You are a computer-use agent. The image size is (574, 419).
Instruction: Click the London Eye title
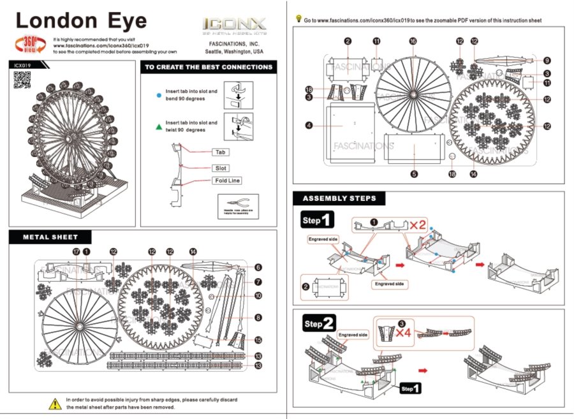81,20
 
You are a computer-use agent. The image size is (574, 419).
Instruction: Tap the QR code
22,80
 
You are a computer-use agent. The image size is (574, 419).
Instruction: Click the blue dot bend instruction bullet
158,94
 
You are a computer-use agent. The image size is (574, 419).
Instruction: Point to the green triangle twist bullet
158,126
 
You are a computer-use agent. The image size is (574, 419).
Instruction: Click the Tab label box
221,153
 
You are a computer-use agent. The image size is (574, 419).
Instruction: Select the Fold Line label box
226,180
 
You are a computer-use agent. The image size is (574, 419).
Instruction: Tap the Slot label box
221,168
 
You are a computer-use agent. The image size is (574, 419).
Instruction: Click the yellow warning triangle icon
55,403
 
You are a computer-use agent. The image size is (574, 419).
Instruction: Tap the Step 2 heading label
319,324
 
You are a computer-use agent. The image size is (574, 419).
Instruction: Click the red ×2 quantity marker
418,224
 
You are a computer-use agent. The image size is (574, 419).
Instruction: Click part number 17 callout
76,252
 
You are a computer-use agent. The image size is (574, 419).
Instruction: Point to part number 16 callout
413,41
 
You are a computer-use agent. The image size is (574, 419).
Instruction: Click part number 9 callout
547,61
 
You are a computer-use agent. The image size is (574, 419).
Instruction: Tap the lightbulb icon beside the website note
298,19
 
